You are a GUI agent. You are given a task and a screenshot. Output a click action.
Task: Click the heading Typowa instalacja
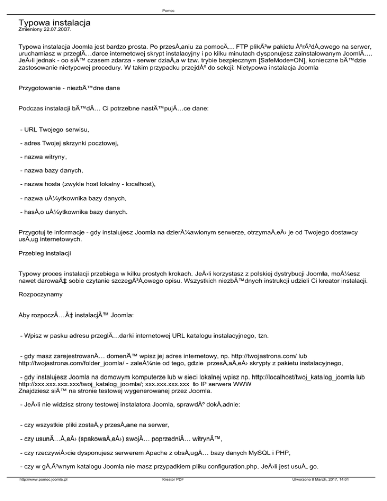pyautogui.click(x=54, y=23)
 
